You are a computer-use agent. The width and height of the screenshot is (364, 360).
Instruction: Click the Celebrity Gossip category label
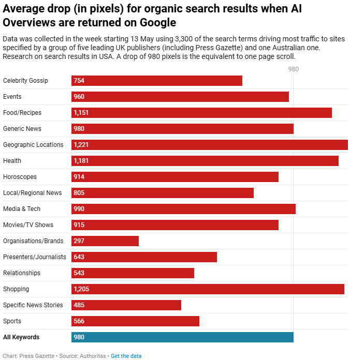click(25, 81)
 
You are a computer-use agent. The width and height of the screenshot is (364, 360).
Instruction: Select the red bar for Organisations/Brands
click(105, 241)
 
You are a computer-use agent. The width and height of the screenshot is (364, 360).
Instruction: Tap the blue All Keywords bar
click(182, 337)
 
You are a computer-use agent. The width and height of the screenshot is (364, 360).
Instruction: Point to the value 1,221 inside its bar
click(81, 145)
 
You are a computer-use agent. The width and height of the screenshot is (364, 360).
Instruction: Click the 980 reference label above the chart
click(294, 69)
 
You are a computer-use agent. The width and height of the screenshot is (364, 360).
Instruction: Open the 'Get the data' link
click(126, 356)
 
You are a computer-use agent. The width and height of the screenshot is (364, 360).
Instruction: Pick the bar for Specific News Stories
click(126, 305)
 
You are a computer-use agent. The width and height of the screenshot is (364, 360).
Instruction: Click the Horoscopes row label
click(20, 177)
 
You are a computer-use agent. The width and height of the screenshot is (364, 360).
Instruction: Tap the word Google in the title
click(158, 23)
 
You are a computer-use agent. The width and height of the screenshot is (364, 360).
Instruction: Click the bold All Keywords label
click(21, 337)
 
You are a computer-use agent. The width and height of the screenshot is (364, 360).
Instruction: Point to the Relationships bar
click(133, 273)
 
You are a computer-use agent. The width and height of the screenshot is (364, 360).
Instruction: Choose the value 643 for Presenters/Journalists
click(79, 257)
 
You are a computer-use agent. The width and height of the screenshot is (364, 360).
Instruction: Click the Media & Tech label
click(22, 209)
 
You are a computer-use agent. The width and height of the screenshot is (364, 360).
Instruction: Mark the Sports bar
click(135, 321)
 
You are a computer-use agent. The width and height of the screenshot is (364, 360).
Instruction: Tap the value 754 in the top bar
click(79, 81)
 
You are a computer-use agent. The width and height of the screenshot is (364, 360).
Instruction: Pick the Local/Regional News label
click(32, 193)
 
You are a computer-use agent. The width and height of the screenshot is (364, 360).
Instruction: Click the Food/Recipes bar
click(201, 113)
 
